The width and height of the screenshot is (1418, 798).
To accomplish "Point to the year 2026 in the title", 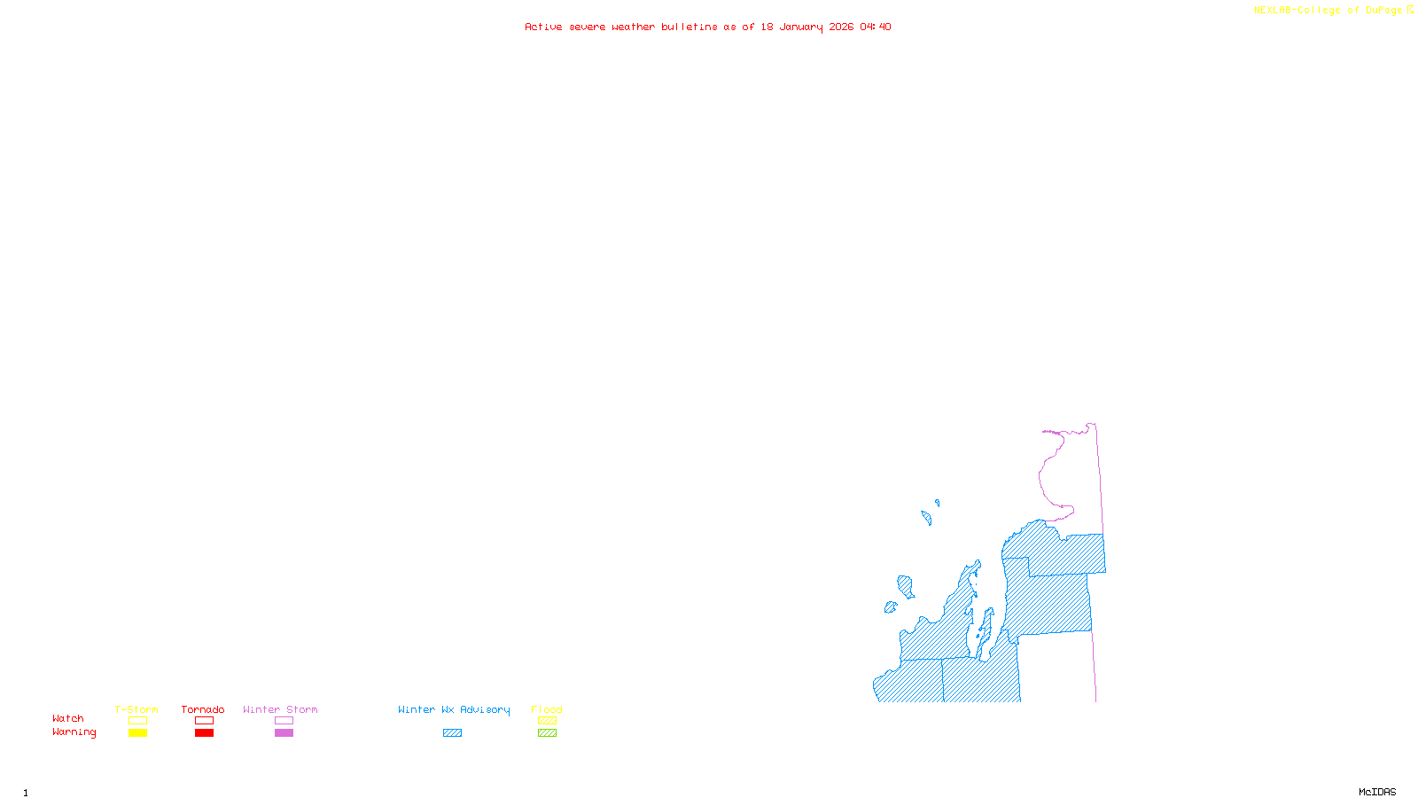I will point(841,27).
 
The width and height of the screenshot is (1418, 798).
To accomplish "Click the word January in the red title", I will point(800,27).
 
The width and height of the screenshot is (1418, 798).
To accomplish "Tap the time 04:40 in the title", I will point(876,27).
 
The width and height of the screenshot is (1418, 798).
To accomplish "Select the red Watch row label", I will point(68,718).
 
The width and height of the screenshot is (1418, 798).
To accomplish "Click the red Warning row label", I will point(74,732).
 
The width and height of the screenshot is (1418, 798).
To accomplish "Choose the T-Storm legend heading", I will point(136,709).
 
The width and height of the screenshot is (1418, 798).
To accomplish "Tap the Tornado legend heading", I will point(203,709).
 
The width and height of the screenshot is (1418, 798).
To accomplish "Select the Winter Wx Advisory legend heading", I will point(454,709).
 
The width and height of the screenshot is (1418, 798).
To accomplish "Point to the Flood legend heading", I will point(547,709).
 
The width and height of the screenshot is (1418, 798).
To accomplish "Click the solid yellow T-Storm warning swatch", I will point(137,733).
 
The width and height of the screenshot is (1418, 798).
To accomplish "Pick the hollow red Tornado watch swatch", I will point(204,721).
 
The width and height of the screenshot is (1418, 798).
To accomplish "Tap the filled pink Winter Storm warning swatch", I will point(284,733).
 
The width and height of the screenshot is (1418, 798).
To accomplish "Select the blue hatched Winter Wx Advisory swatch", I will point(452,733).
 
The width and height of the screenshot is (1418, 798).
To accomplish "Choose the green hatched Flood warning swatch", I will point(547,733).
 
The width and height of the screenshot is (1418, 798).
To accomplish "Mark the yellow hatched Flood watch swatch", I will point(547,721).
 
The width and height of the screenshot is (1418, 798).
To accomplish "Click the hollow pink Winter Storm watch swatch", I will point(284,721).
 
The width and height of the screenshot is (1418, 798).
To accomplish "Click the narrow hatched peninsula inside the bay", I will point(985,631).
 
